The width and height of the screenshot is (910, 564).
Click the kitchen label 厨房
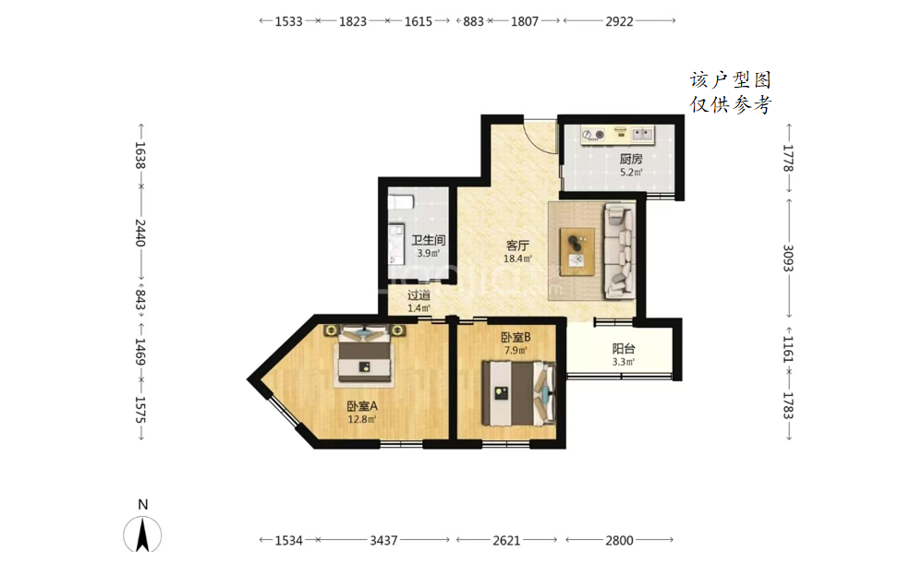[631, 158]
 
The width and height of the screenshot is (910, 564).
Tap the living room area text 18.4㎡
[517, 259]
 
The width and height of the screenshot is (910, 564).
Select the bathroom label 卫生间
[429, 240]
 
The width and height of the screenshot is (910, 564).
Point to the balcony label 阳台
[624, 348]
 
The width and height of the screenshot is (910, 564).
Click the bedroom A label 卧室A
[362, 406]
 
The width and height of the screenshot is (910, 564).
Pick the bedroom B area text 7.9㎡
[516, 350]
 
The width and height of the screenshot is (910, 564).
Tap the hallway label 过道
[419, 295]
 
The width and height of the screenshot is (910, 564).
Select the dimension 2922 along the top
[619, 21]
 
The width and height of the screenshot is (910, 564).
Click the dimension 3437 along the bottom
[383, 540]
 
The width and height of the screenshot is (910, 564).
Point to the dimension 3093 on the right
[787, 258]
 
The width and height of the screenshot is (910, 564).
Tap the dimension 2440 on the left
[140, 233]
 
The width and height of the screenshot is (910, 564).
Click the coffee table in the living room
[576, 251]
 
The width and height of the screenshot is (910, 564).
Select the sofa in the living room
[619, 250]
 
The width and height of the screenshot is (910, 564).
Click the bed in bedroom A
[364, 354]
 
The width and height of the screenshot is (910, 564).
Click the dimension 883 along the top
[474, 21]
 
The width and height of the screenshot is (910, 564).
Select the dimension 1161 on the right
[787, 350]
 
